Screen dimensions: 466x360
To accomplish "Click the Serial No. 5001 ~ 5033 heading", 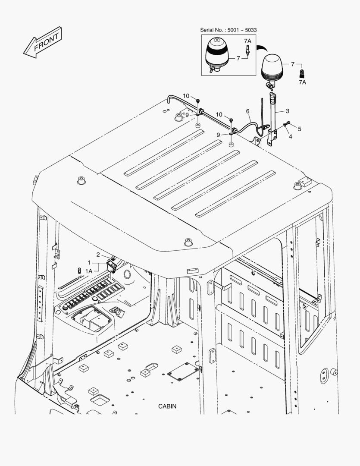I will pos(228,30).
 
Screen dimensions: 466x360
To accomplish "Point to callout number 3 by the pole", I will pos(288,111).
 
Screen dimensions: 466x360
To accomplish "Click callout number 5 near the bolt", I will pos(300,128).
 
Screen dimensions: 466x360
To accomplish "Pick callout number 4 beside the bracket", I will pos(290,136).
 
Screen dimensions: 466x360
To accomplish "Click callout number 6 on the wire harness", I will pos(248,111).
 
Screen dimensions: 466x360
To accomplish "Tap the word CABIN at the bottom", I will pos(167,406).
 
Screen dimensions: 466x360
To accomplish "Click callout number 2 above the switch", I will pos(98,255).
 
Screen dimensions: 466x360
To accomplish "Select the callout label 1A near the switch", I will pos(89,270).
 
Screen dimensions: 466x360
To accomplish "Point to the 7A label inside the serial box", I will pos(247,41).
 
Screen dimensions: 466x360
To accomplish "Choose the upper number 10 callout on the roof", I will pos(186,95).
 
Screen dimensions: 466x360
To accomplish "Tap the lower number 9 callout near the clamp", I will pos(218,135).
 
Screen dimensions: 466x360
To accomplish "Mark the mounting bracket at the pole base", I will pos(271,137).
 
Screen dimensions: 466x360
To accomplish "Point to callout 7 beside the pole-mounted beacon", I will pos(293,64).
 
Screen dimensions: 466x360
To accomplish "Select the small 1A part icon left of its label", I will pos(79,270).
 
